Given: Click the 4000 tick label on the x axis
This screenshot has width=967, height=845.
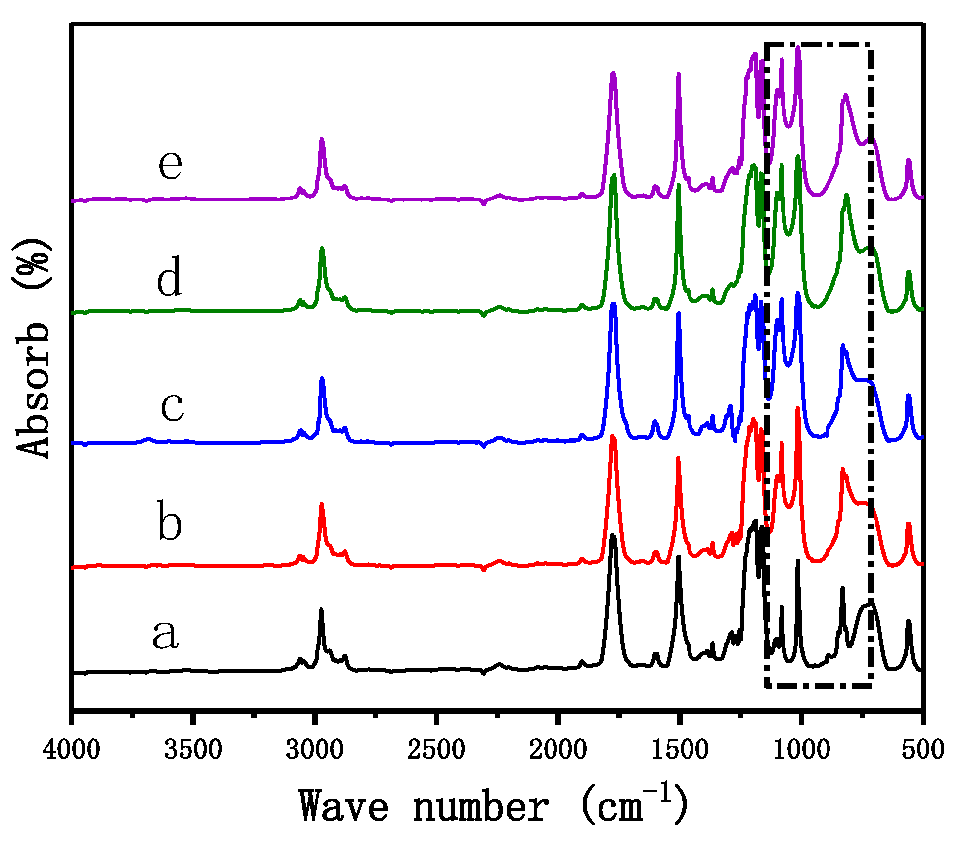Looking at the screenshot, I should pos(71,750).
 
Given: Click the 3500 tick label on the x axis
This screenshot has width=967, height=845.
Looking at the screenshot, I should pos(193,750).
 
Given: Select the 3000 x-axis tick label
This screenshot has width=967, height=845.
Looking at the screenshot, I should pos(315,750).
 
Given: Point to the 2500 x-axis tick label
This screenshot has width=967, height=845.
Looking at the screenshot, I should pos(436,750).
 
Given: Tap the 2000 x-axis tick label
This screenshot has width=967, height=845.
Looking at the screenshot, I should pos(557,750).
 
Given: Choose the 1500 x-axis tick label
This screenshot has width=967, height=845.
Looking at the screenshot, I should pos(679,750).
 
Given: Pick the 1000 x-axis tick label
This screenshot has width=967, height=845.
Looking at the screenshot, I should pos(800,750).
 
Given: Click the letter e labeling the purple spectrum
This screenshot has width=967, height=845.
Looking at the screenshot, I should pos(170,164).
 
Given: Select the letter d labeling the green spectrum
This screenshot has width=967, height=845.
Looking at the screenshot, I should pos(170,277).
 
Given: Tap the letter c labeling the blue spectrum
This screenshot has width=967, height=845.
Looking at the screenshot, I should pos(172,407).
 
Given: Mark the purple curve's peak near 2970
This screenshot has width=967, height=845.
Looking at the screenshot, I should pos(322,139).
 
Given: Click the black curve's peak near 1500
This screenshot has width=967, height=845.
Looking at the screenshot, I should pos(679,557).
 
